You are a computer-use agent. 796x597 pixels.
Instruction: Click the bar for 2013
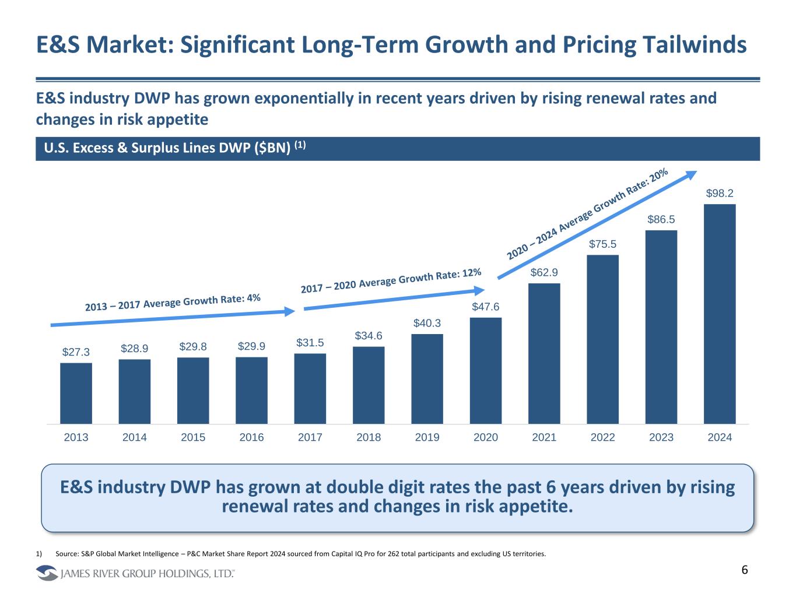coord(76,393)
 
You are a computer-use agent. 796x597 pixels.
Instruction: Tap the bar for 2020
coord(486,370)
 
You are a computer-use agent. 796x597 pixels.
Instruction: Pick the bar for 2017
coord(310,388)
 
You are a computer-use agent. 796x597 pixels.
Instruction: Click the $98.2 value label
coord(720,193)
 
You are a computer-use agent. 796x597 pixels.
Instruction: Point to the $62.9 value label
coord(544,272)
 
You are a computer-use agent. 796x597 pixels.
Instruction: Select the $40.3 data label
coord(427,323)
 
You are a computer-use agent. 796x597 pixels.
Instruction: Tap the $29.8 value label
coord(193,346)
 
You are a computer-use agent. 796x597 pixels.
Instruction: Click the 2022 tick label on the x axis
coord(603,437)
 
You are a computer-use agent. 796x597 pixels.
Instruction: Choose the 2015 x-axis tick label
coord(193,437)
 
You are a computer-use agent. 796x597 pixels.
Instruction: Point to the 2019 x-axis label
coord(427,437)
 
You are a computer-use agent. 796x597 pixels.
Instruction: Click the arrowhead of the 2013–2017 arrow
coord(292,312)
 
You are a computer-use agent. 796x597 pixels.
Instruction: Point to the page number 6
coord(745,570)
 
